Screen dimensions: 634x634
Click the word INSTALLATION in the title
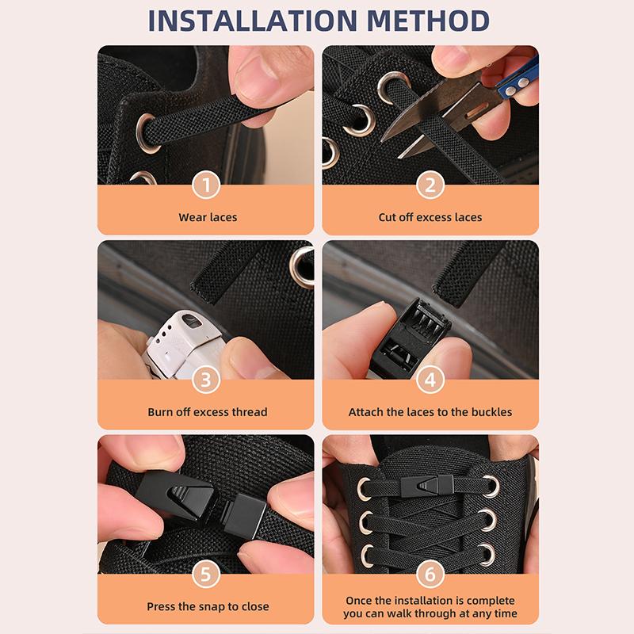click(253, 21)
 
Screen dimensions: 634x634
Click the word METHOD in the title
click(428, 21)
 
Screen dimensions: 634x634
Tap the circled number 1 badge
click(206, 185)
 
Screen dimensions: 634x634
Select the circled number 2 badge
click(430, 185)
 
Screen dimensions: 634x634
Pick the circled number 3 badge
click(206, 380)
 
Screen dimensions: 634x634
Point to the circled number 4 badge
click(430, 380)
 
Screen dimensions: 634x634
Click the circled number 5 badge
click(206, 574)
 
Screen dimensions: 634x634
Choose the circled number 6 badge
click(430, 574)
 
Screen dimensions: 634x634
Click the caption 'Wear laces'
click(208, 217)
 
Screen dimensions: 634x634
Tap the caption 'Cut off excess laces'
click(430, 217)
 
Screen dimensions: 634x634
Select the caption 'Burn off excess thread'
click(208, 412)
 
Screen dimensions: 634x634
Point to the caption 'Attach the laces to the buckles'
click(430, 412)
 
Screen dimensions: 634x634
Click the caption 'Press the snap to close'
click(208, 606)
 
